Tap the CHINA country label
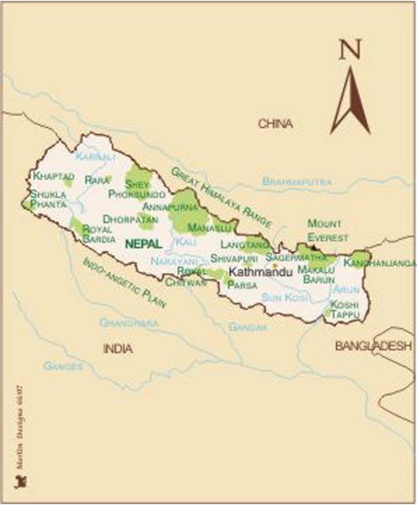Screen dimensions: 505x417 coord(275,124)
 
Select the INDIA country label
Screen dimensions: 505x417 coord(118,348)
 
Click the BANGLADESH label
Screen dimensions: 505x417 coord(372,346)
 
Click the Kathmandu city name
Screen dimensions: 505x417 coord(260,273)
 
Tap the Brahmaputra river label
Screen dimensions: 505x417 coord(297,181)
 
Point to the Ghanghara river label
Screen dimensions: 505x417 coord(129,322)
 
